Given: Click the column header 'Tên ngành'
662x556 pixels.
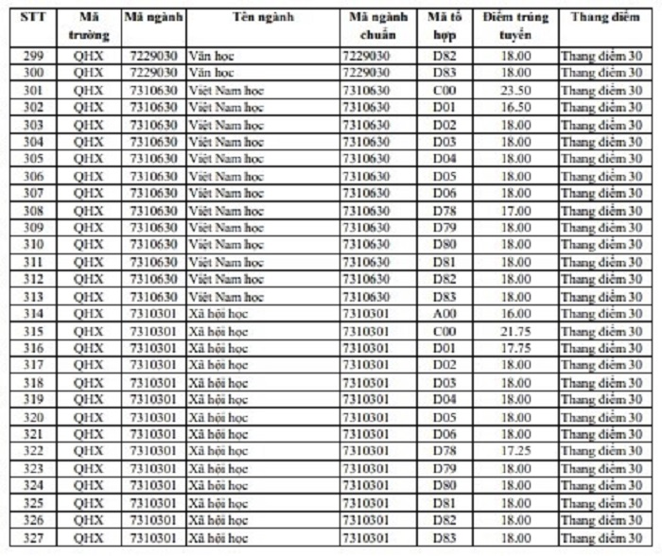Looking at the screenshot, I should [x=261, y=17].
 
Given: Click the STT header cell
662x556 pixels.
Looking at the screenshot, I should [x=33, y=17].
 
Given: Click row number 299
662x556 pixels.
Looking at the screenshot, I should [x=33, y=56].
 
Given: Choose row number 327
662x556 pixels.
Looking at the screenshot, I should [x=33, y=537].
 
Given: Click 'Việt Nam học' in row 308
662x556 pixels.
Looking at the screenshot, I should [x=226, y=210].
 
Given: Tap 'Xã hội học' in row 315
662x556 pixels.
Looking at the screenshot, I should [x=218, y=331].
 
